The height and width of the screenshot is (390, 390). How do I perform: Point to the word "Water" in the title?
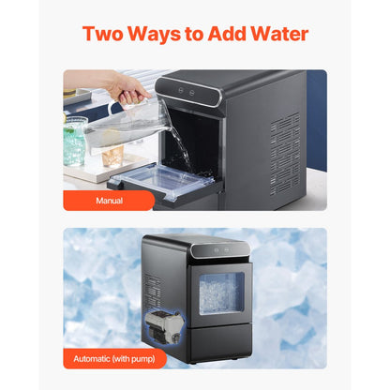tap(278, 35)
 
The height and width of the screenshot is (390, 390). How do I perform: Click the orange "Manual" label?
tap(108, 200)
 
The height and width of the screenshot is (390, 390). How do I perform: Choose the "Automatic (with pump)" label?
tap(115, 359)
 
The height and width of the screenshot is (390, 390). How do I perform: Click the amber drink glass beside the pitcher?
tap(113, 155)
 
